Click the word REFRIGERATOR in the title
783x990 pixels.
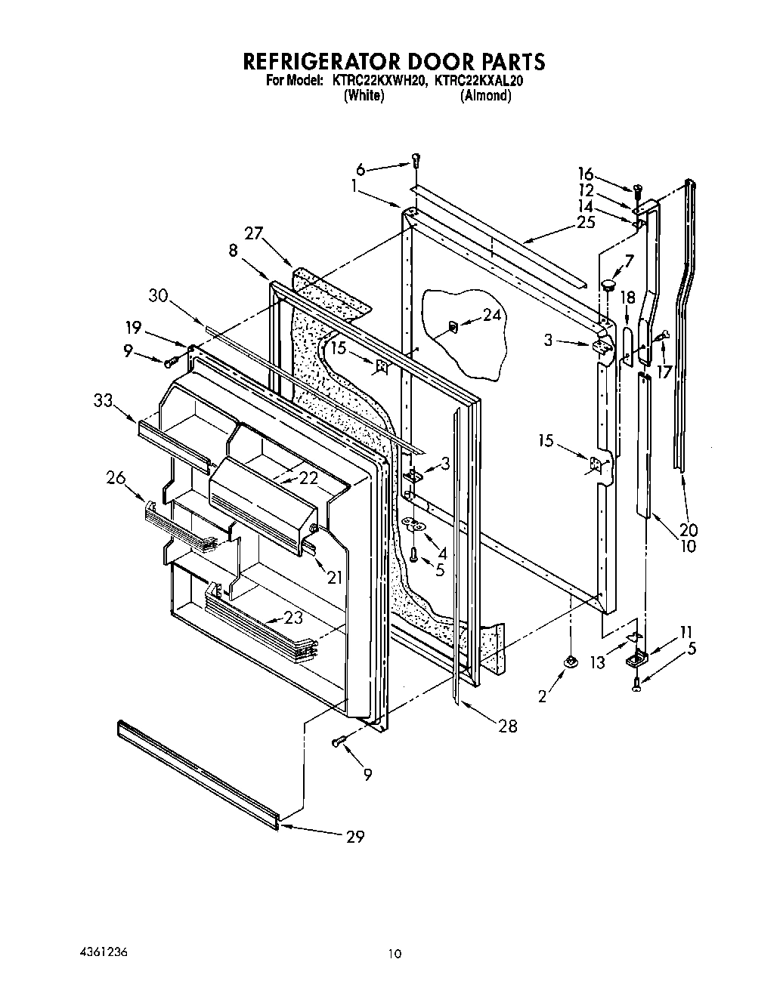(x=320, y=60)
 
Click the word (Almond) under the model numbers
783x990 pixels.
(x=485, y=96)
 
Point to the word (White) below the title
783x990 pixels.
(x=364, y=96)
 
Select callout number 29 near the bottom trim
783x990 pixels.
(x=354, y=836)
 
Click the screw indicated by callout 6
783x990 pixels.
(x=416, y=160)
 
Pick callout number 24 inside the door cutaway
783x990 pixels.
(x=492, y=316)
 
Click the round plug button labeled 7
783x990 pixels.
(x=606, y=285)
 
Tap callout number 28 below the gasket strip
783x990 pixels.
(x=508, y=726)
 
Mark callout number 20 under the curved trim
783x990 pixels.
(x=689, y=529)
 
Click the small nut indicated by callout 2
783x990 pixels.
(x=571, y=662)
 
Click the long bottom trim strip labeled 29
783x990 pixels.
(x=198, y=772)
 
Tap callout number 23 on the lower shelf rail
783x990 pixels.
(x=293, y=617)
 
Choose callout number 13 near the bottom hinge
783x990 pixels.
(x=598, y=662)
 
